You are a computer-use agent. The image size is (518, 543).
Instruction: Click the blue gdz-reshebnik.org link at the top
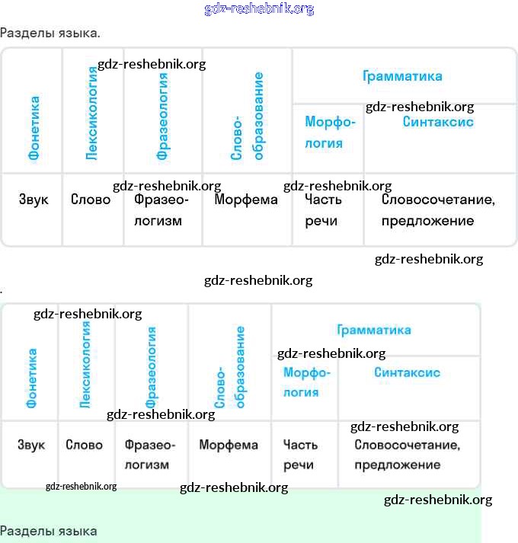click(x=259, y=9)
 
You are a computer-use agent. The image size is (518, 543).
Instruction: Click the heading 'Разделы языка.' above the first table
click(x=50, y=34)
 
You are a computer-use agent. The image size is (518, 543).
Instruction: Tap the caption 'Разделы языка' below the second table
click(x=49, y=531)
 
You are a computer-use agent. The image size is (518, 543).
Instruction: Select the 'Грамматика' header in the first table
click(x=402, y=76)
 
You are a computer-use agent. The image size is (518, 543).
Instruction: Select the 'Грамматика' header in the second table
click(x=374, y=330)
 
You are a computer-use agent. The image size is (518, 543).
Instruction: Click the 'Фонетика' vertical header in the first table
click(x=34, y=128)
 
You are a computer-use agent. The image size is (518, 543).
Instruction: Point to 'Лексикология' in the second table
click(x=85, y=364)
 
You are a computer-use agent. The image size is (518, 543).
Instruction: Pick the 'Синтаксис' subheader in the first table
click(x=438, y=122)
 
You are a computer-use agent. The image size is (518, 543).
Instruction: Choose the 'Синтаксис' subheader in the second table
click(x=407, y=373)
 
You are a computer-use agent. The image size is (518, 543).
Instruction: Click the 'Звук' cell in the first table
click(x=34, y=200)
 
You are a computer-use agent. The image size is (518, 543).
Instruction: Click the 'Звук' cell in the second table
click(x=31, y=445)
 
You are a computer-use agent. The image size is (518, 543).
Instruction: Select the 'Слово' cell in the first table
click(x=91, y=200)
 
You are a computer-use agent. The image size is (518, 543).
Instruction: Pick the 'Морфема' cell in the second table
click(x=229, y=445)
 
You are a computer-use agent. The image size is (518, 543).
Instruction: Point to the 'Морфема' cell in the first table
click(x=246, y=200)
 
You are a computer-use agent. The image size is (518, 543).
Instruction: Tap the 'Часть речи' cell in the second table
click(x=300, y=455)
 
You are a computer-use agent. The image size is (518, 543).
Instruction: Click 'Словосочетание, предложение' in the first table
click(x=438, y=210)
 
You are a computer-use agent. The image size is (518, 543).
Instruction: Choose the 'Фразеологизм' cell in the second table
click(x=149, y=455)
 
